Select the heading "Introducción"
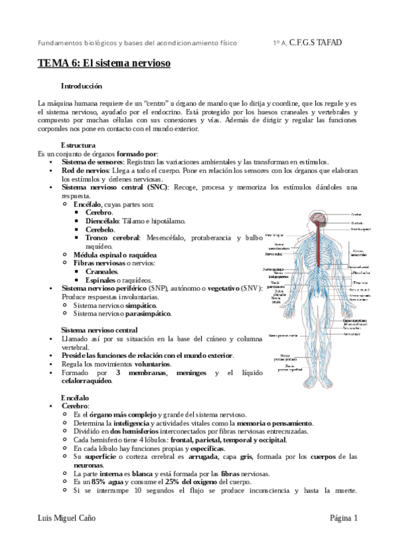coord(82,87)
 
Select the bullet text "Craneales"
coord(102,271)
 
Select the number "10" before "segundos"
coord(138,491)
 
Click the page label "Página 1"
coord(344,520)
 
